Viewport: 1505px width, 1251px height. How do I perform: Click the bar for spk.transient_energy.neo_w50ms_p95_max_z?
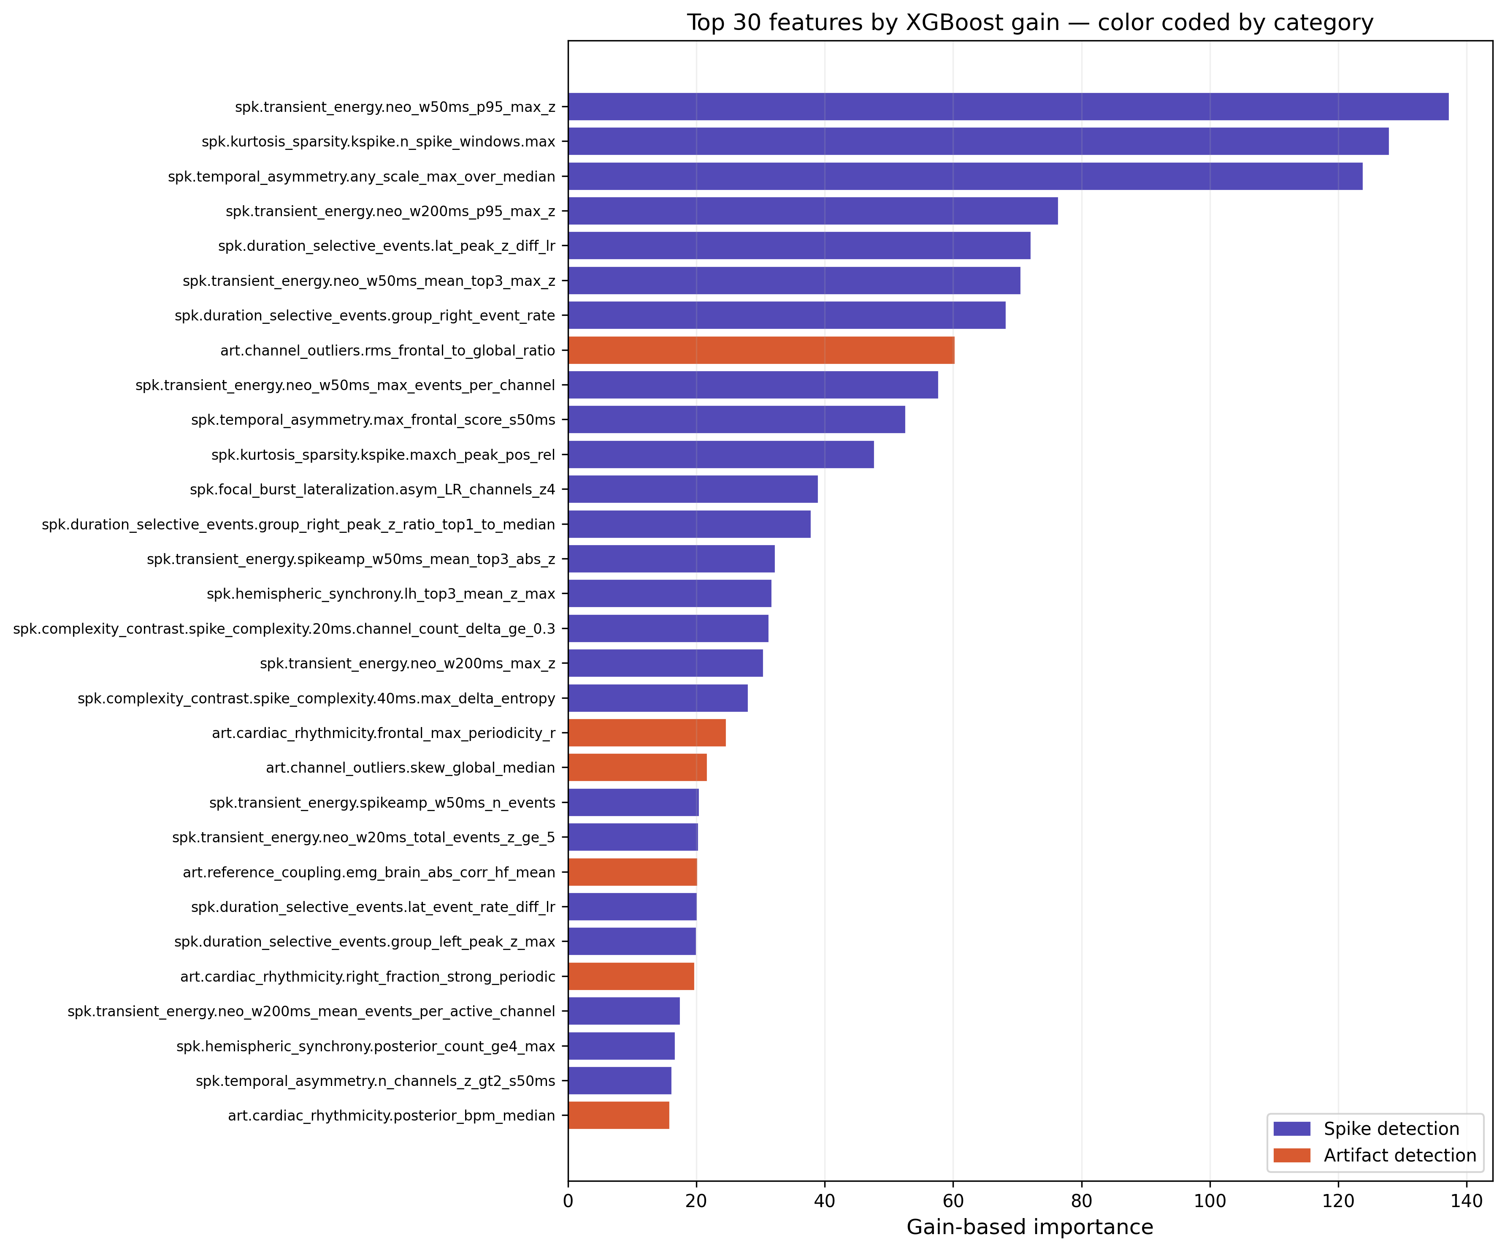tap(1008, 106)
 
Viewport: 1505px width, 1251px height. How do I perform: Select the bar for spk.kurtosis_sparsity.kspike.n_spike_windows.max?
tap(978, 141)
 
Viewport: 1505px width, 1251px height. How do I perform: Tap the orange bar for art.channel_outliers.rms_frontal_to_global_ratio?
tap(761, 350)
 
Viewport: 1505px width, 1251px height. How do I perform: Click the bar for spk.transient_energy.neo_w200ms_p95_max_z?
tap(813, 211)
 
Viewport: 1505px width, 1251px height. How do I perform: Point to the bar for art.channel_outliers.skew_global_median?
tap(637, 767)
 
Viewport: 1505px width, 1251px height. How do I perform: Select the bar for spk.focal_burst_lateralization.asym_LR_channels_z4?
tap(693, 489)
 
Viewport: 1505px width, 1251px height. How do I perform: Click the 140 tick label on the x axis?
tap(1466, 1201)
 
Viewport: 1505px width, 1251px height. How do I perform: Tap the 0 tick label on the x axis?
tap(568, 1201)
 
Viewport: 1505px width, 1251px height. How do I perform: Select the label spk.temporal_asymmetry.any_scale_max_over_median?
tap(361, 176)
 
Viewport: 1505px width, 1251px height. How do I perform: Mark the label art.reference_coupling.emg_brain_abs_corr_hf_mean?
tap(369, 872)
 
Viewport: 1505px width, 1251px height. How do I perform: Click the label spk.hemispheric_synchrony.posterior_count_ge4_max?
tap(365, 1046)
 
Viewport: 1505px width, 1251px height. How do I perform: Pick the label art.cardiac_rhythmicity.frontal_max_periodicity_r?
tap(383, 733)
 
